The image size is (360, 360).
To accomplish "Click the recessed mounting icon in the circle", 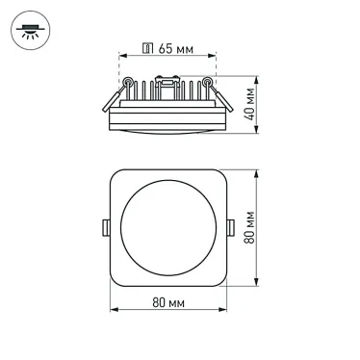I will [29, 30].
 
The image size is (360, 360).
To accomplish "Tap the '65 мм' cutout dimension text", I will [175, 48].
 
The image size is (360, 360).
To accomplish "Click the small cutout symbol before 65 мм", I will [147, 48].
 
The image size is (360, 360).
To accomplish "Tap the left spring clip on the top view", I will [105, 228].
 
